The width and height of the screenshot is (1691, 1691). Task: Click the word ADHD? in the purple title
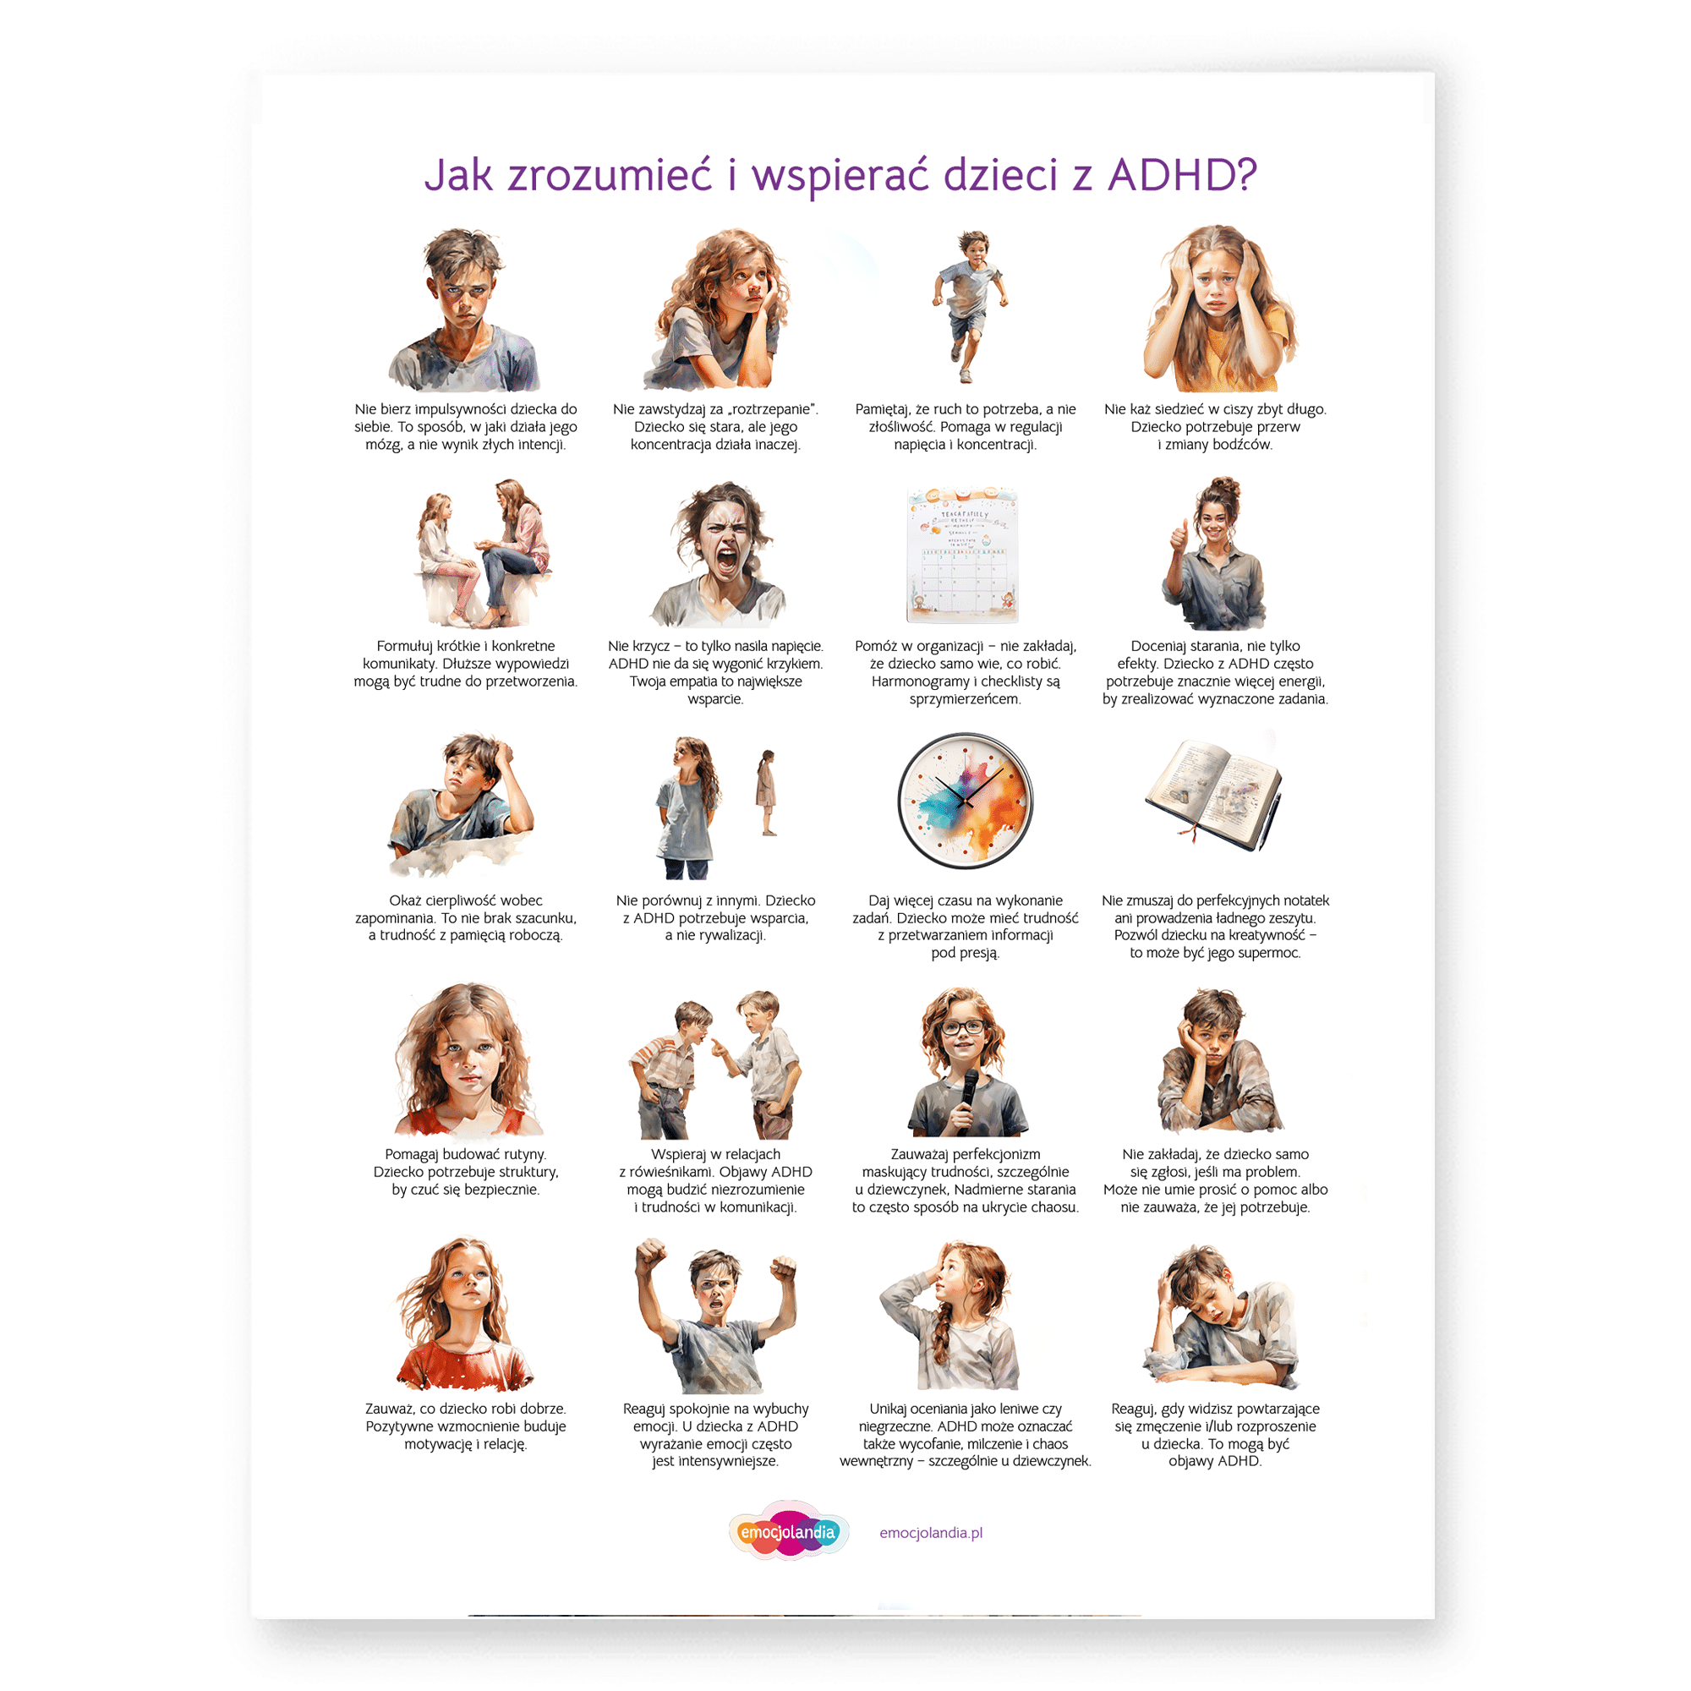tap(1183, 175)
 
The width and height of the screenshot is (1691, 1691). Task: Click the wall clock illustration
tap(966, 801)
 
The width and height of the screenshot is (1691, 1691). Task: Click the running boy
tap(968, 306)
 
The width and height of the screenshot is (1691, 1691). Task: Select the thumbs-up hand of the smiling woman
tap(1179, 534)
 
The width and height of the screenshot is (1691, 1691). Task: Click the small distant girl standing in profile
tap(767, 793)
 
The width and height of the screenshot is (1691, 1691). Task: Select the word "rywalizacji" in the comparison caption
tap(730, 936)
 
